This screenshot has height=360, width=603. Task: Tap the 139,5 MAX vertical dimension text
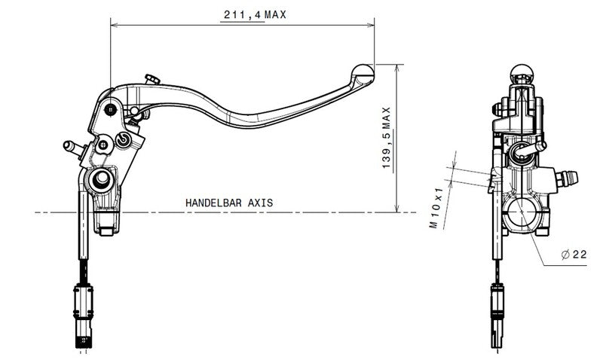point(386,138)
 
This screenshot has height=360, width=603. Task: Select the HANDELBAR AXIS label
point(229,203)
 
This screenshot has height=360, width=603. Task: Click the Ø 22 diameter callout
point(574,255)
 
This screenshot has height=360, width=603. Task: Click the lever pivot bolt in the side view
point(112,110)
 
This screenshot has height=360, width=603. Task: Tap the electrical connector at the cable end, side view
point(83,305)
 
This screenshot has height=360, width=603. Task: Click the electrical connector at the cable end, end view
point(497,305)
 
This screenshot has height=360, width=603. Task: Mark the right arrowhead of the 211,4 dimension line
point(371,25)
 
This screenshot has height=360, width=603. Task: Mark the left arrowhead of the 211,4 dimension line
point(114,25)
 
